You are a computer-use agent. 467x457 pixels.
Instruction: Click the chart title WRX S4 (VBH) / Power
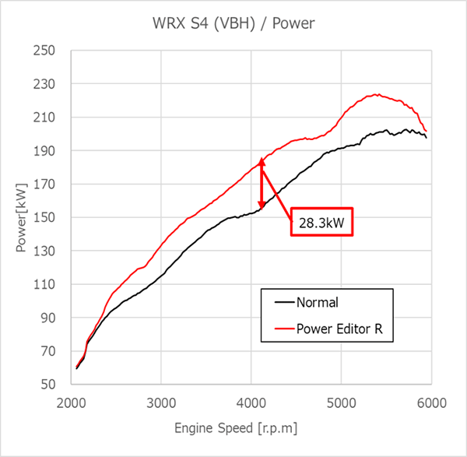click(x=233, y=23)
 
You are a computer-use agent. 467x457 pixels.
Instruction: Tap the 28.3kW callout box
click(x=322, y=222)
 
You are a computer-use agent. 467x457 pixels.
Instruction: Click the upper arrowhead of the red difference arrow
click(x=262, y=163)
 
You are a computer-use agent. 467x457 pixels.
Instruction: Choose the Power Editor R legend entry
click(x=339, y=329)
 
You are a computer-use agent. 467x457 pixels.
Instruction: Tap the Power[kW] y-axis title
click(x=21, y=218)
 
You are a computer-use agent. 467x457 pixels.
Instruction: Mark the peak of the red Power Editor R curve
click(x=377, y=95)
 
